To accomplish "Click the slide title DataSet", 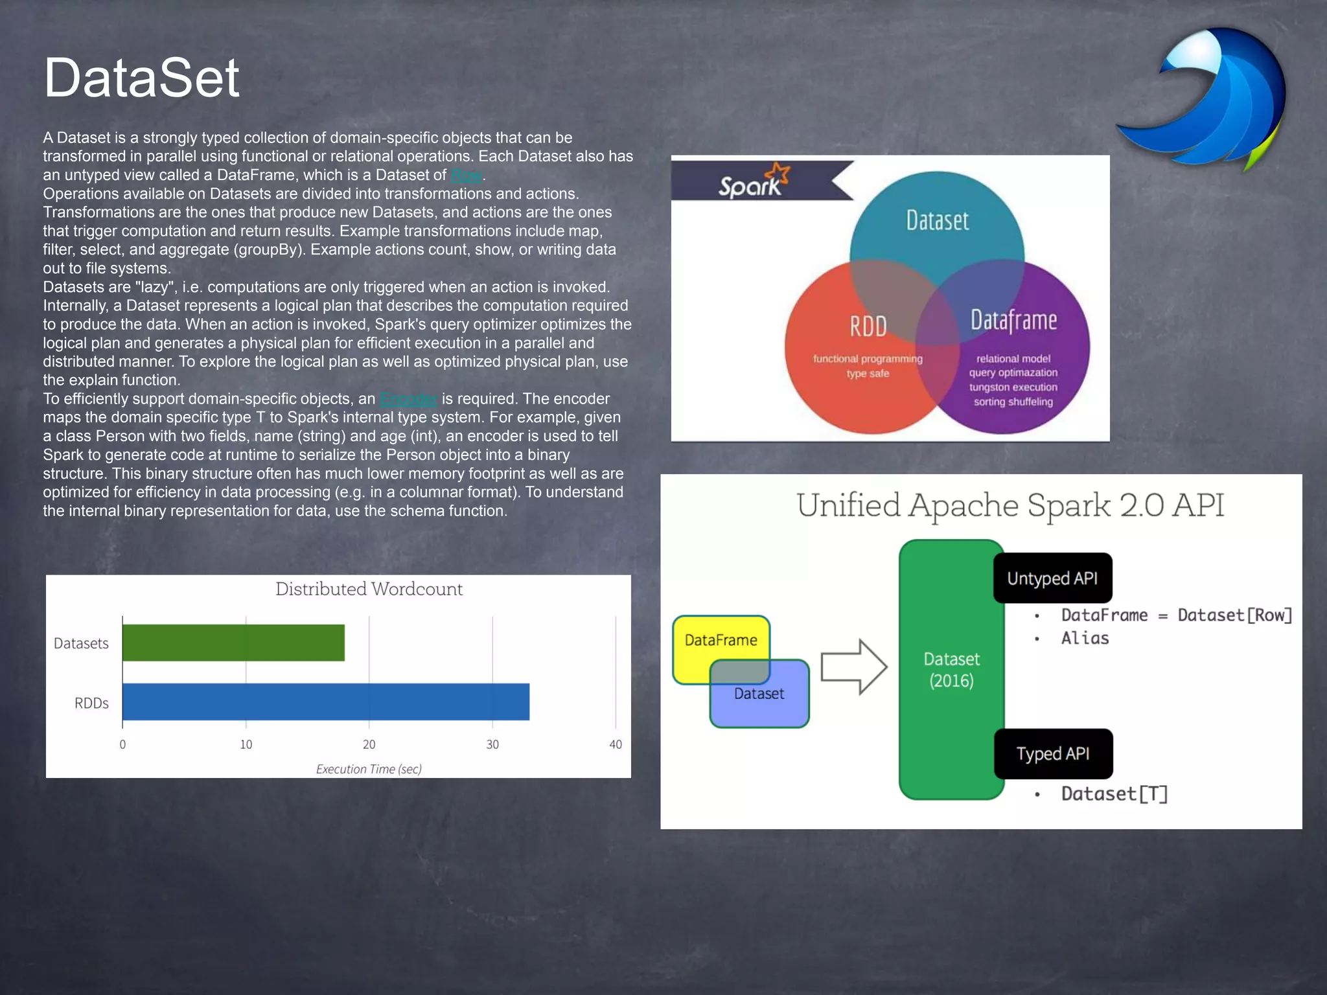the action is (141, 78).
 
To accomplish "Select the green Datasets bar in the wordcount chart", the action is (233, 643).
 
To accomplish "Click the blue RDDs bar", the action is (325, 702).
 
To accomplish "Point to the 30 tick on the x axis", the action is (492, 744).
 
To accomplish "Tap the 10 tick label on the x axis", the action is (246, 744).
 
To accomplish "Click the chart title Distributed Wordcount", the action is (369, 589).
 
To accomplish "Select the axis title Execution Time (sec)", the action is (369, 769).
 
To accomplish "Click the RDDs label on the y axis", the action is (91, 703).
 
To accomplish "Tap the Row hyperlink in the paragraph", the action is (467, 175).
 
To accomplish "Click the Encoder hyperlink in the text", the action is (409, 399).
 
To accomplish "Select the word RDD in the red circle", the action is (868, 326).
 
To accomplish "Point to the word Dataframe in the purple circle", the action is (1013, 320).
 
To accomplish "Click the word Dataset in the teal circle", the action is (937, 221).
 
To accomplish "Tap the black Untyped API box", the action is (1052, 578).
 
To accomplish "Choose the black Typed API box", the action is (1053, 753).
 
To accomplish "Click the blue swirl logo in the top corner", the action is (1205, 97).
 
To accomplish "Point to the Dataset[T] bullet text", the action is (1114, 794).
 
